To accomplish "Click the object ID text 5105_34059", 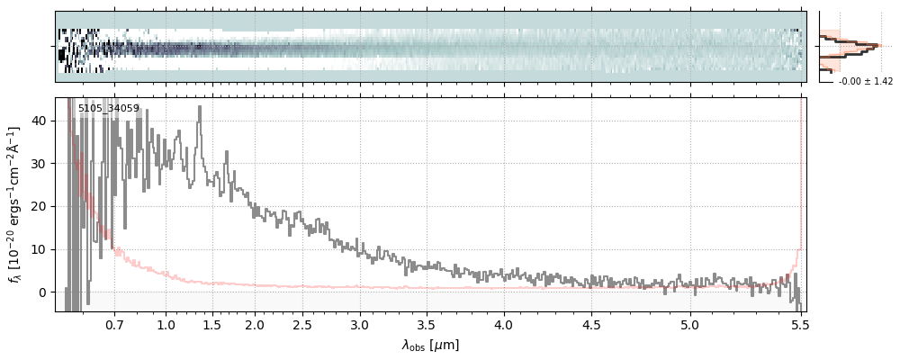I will click(108, 109).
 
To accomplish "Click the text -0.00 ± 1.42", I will click(865, 82).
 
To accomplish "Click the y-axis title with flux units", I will click(15, 204).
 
